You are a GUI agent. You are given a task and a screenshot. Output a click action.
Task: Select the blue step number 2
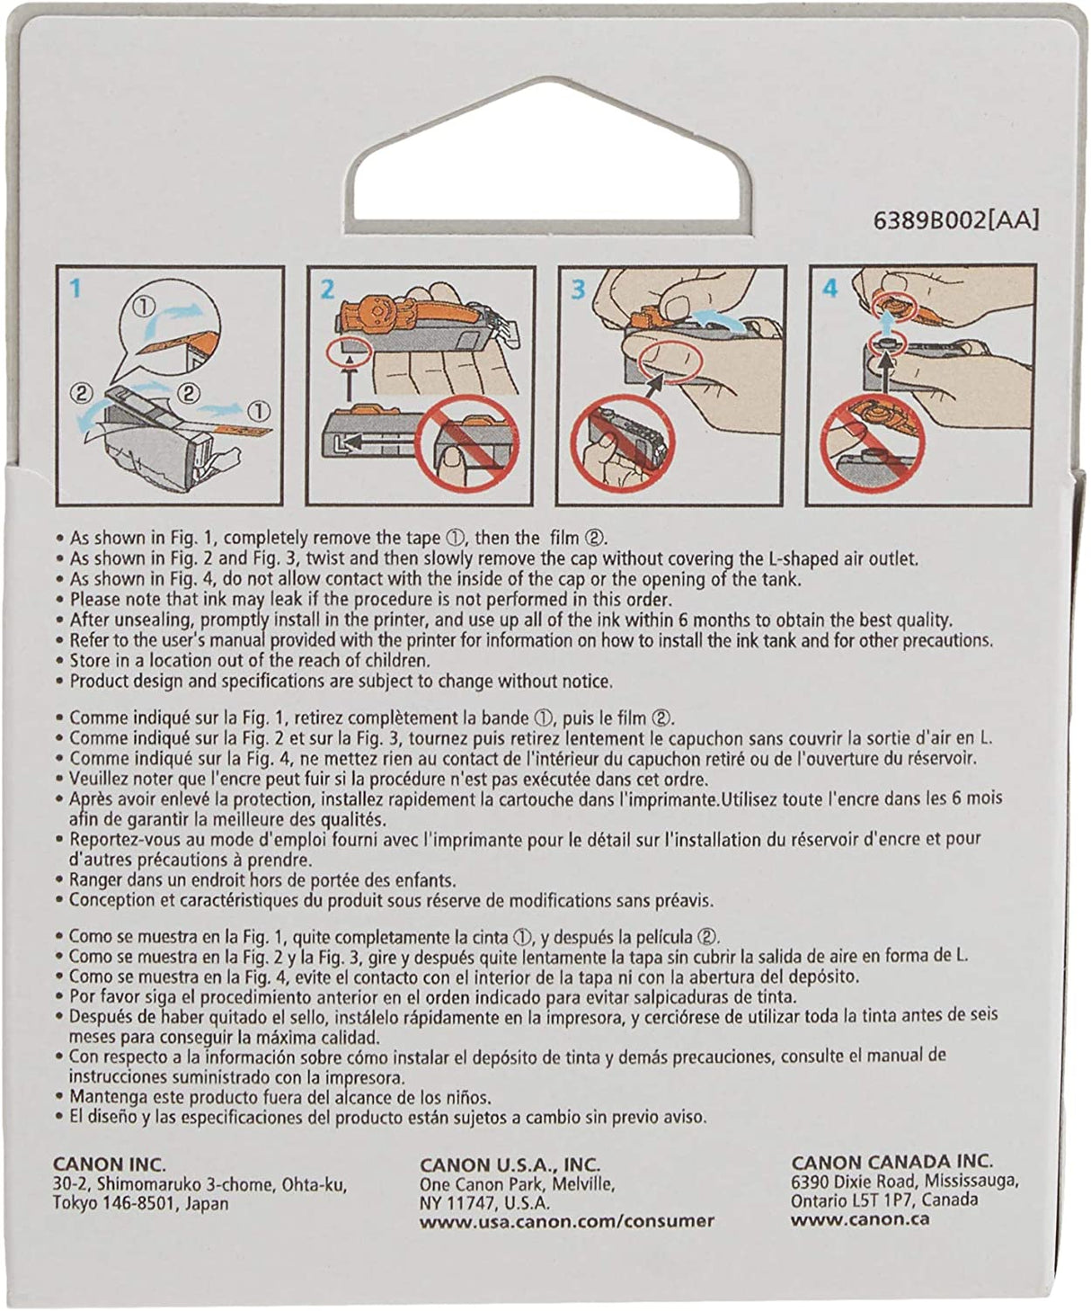pyautogui.click(x=328, y=290)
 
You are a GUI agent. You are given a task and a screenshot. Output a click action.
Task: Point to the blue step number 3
pyautogui.click(x=578, y=290)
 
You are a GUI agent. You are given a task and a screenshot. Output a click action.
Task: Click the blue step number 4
pyautogui.click(x=830, y=289)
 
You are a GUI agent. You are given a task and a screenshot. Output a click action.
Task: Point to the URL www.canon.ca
pyautogui.click(x=860, y=1219)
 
